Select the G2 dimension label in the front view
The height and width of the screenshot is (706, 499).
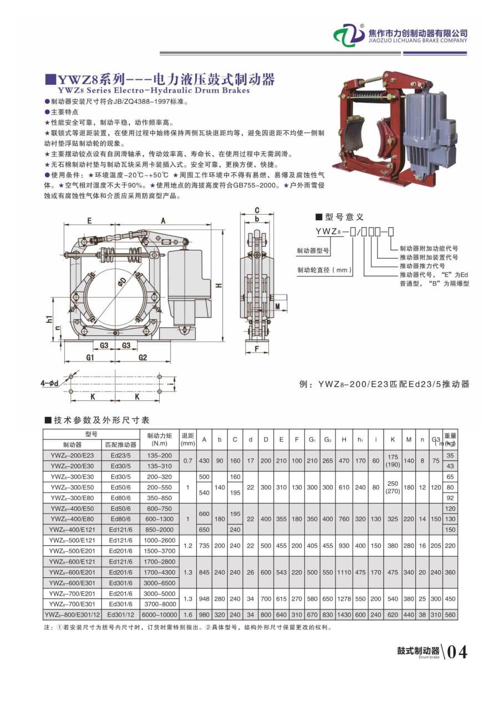click(142, 358)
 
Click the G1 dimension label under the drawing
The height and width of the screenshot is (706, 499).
click(90, 358)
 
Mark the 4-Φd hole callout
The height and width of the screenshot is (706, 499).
click(49, 382)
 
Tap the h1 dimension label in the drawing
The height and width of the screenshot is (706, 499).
click(49, 319)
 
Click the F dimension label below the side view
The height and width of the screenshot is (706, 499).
click(256, 349)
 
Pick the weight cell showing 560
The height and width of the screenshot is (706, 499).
click(450, 614)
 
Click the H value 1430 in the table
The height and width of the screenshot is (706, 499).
click(344, 614)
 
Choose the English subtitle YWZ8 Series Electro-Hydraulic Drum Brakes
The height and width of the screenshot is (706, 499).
click(154, 90)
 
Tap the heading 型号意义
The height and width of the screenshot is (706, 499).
click(343, 217)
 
